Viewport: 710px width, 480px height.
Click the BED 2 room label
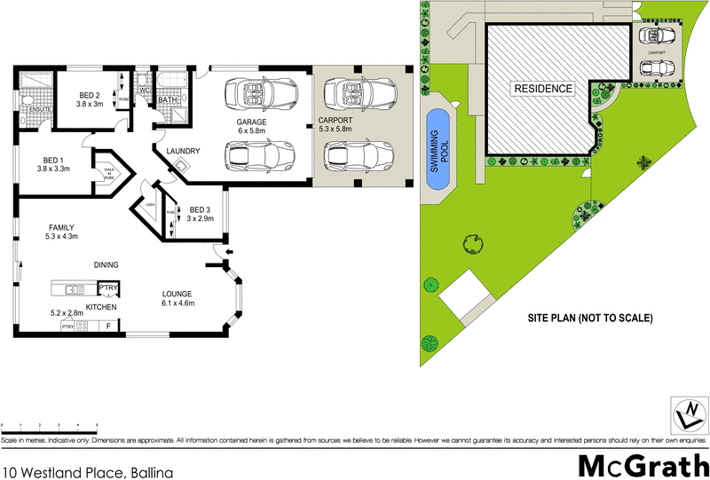(90, 95)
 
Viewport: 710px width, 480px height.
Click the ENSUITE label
(34, 109)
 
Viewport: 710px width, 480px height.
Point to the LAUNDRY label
(182, 151)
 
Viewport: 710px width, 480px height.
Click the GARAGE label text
(251, 122)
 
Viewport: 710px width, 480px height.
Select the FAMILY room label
(62, 227)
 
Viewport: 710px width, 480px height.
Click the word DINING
(106, 264)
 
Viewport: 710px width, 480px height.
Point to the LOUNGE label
(177, 294)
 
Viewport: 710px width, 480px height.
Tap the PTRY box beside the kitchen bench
(107, 288)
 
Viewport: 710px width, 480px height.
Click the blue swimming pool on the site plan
(436, 148)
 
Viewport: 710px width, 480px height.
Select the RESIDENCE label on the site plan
(540, 89)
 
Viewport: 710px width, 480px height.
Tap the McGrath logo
(643, 464)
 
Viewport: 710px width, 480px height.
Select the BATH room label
(169, 101)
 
